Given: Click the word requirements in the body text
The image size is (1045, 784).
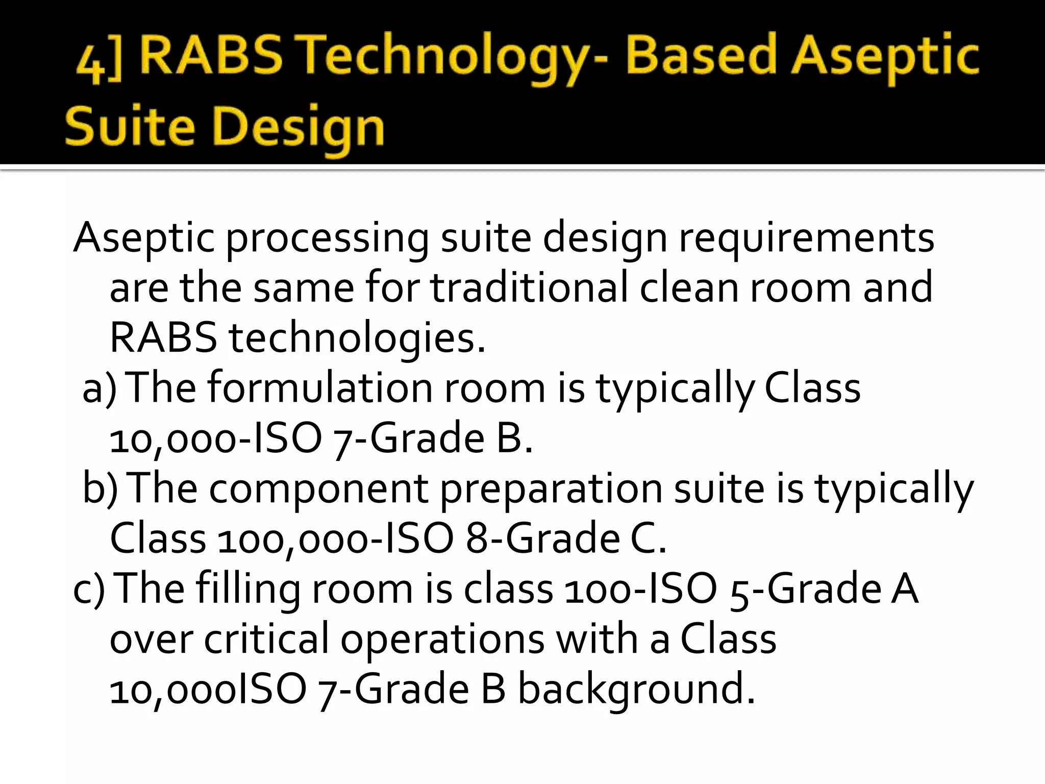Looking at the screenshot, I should [806, 238].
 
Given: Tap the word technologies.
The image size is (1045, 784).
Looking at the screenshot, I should [357, 338].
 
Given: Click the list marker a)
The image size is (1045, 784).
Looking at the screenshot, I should [100, 388].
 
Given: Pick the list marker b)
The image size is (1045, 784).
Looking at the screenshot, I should [100, 488].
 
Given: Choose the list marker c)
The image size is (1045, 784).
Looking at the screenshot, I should [89, 589].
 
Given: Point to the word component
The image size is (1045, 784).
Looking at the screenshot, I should [318, 489].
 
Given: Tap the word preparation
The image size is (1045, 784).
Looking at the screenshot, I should [551, 489].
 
